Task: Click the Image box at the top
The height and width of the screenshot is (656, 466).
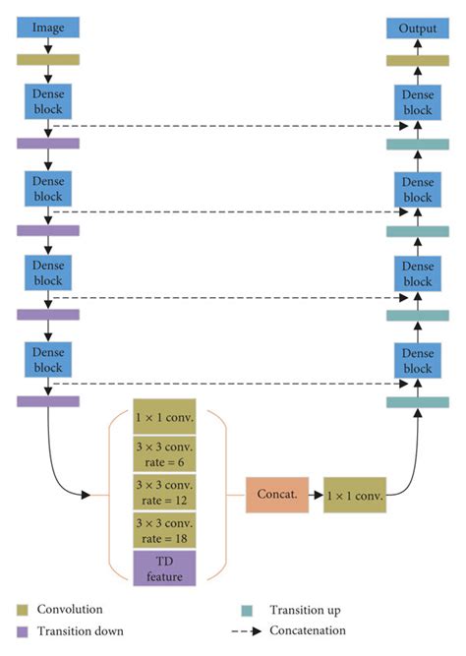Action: (x=47, y=29)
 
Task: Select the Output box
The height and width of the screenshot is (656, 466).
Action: (x=417, y=29)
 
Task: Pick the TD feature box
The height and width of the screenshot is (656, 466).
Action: (x=165, y=567)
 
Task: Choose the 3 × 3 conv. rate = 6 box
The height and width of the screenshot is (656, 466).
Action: (x=165, y=453)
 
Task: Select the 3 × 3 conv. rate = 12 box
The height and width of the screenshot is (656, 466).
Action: (x=165, y=492)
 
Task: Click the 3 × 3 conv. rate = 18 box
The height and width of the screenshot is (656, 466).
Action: (x=165, y=530)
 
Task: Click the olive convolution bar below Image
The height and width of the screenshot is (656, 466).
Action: (x=47, y=59)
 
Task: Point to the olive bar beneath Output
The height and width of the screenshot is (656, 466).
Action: (x=417, y=60)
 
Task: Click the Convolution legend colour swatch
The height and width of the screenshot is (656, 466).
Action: (x=22, y=610)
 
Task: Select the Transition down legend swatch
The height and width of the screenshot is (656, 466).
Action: (x=22, y=631)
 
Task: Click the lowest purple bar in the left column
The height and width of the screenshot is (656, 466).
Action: (x=47, y=400)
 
